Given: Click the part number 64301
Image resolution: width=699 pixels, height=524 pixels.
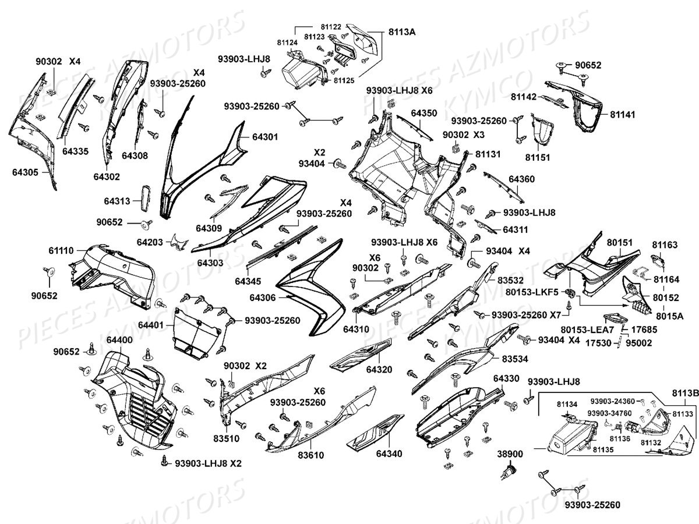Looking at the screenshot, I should (265, 137).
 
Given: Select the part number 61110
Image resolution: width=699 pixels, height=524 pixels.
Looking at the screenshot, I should (62, 250).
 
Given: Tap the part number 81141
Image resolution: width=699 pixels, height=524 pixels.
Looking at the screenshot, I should (622, 115).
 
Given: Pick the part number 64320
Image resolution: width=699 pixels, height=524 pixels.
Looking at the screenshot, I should (379, 369).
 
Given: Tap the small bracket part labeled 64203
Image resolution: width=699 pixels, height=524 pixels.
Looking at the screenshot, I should (179, 242).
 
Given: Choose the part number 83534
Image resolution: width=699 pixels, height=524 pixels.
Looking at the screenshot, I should (515, 359).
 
